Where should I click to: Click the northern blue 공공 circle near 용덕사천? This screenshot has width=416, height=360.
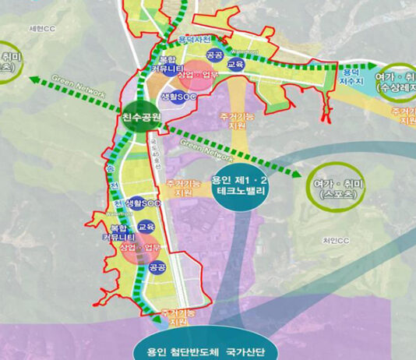point(214,55)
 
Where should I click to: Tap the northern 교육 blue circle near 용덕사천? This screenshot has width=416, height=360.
point(235,65)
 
